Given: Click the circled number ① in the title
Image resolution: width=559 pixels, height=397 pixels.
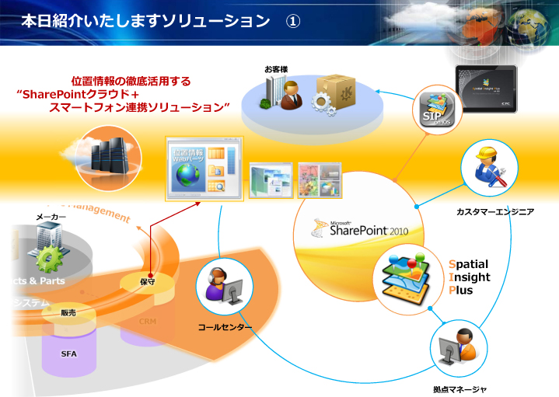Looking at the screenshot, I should [x=292, y=21].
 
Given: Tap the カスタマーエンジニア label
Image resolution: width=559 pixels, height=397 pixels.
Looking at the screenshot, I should [x=494, y=211].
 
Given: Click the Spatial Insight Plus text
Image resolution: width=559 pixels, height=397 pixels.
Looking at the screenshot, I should [x=469, y=277].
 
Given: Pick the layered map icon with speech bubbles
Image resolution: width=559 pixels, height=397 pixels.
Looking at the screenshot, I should [x=408, y=278].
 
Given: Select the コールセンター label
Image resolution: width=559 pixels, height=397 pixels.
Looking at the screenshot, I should [x=225, y=327].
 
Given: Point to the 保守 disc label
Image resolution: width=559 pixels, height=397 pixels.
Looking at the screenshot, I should [x=148, y=282].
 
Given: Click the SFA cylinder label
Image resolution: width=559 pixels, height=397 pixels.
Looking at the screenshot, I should [x=69, y=353].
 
